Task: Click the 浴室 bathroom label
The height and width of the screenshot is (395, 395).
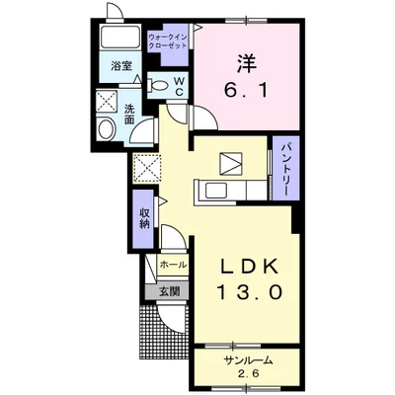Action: tap(121, 66)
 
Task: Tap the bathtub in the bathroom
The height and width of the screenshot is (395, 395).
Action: tap(120, 38)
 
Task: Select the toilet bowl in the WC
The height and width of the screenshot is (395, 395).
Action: tap(158, 85)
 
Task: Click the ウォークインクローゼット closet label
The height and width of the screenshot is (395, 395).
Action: tap(168, 40)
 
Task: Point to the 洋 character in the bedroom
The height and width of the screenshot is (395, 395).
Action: tap(246, 64)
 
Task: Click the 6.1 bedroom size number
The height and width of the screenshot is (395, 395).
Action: tap(246, 90)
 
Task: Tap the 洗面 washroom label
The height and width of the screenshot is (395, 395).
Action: tap(129, 114)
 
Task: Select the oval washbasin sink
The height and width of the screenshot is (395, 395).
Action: tap(106, 128)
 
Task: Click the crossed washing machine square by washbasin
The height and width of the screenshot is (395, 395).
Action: tap(107, 101)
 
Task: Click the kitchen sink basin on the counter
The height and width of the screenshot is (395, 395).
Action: tap(216, 191)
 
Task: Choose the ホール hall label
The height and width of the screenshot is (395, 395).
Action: tap(174, 265)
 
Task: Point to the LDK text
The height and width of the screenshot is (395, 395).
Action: tap(250, 267)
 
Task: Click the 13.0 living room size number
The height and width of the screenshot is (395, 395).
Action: tap(249, 292)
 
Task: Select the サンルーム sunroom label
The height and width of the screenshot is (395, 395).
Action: tap(249, 360)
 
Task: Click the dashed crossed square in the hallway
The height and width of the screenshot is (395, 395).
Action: tap(146, 168)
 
